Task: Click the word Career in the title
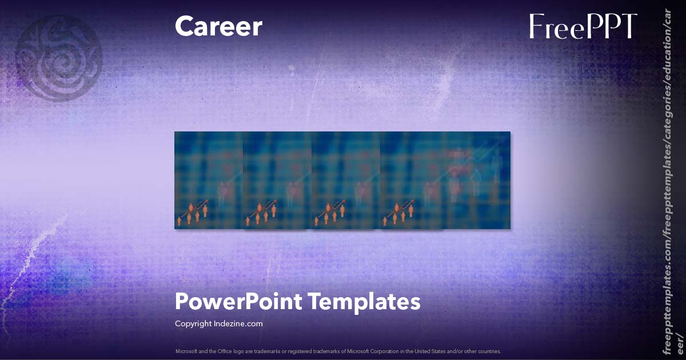click(218, 26)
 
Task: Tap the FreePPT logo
click(583, 26)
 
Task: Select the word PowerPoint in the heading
click(238, 301)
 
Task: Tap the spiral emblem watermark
click(58, 57)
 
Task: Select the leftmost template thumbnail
click(209, 180)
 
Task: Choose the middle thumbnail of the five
click(346, 180)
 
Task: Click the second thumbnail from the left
click(277, 180)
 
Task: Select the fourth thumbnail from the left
click(414, 180)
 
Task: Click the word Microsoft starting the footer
click(186, 351)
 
